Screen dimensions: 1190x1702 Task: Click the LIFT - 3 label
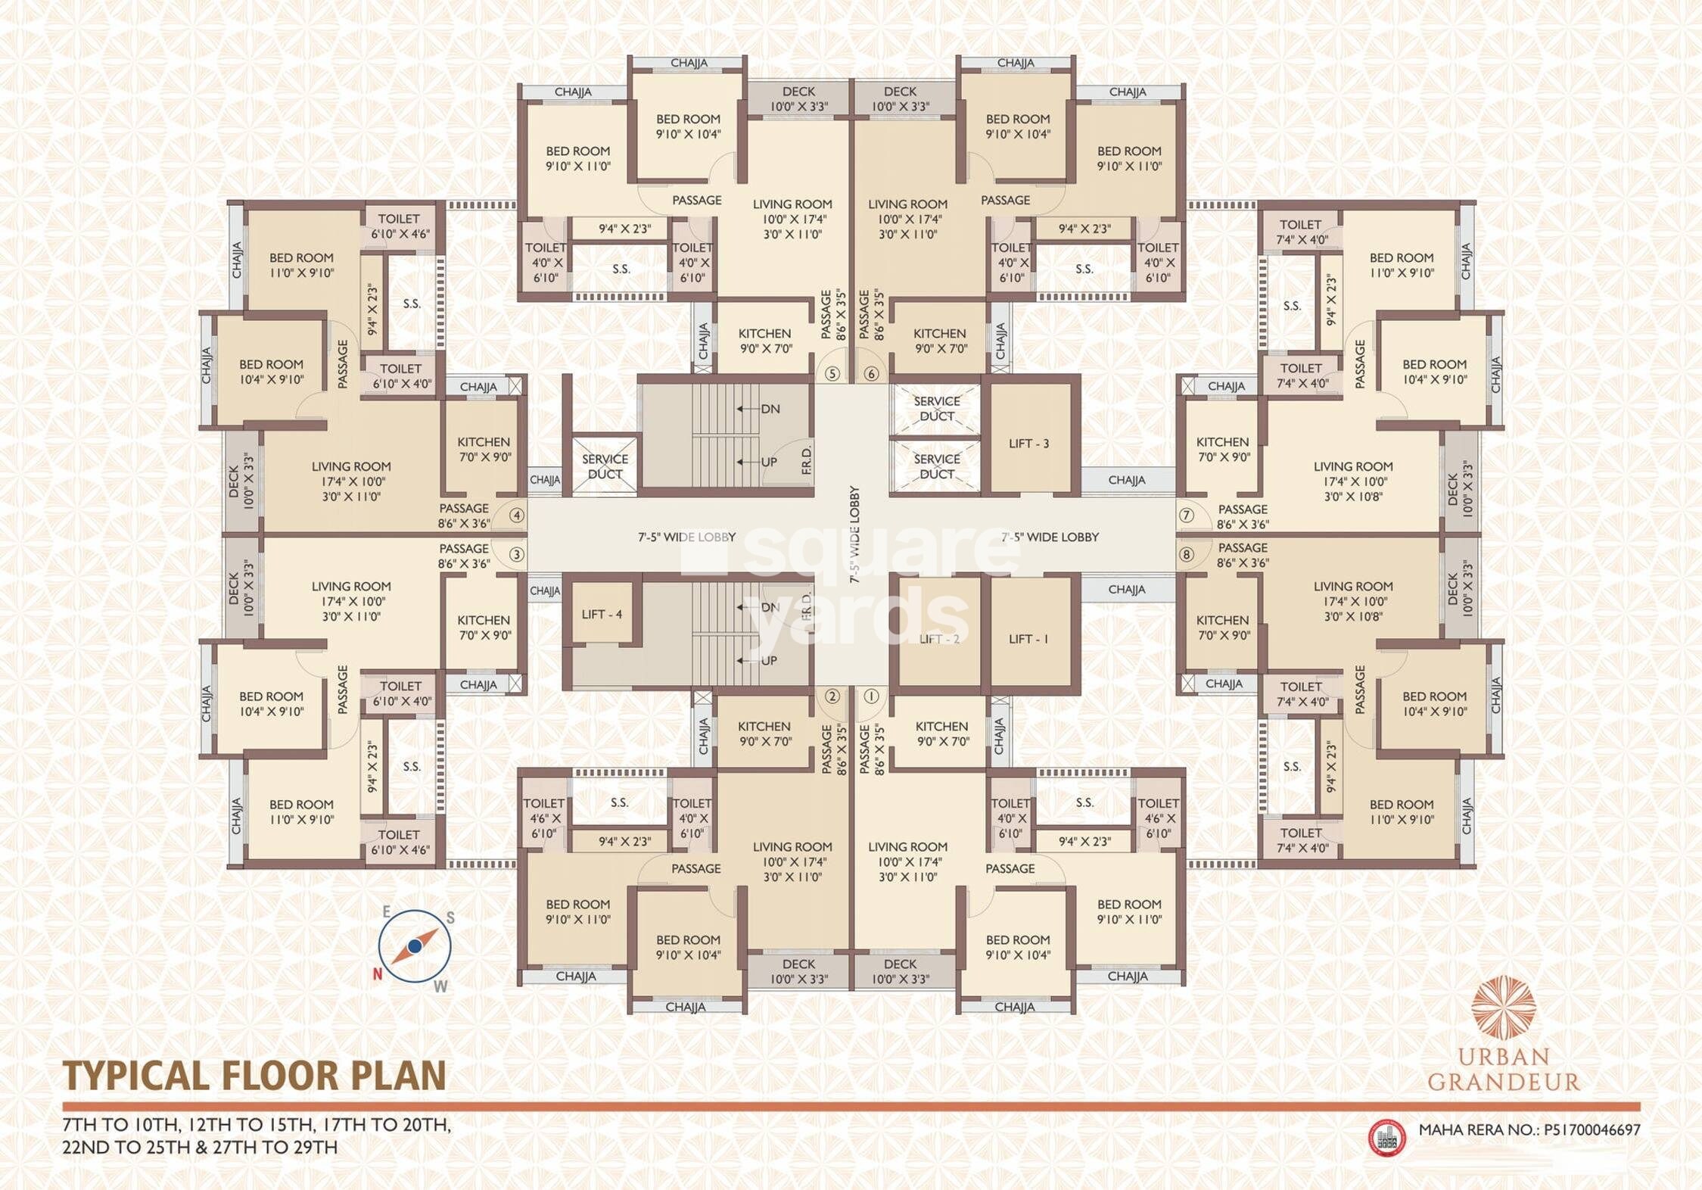tap(1028, 444)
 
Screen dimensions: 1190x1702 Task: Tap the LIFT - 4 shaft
tap(602, 614)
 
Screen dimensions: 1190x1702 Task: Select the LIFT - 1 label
tap(1028, 639)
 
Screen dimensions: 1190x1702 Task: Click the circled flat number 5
tap(832, 373)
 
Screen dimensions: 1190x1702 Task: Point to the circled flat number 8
tap(1186, 554)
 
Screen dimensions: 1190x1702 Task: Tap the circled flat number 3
tap(516, 554)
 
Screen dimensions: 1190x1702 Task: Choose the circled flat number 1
tap(871, 696)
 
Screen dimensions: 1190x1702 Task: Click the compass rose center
tap(415, 946)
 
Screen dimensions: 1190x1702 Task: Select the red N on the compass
tap(377, 974)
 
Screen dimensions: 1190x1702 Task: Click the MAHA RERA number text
tap(1529, 1130)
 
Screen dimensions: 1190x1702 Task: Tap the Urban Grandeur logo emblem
tap(1503, 1007)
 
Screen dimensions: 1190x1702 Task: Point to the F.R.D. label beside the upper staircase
tap(807, 460)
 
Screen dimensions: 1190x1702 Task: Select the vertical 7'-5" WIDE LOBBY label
tap(854, 534)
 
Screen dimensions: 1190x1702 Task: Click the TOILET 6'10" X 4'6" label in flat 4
tap(399, 226)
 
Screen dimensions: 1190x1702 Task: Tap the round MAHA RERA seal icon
tap(1387, 1138)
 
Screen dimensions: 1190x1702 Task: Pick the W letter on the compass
tap(440, 986)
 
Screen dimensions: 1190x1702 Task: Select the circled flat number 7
tap(1186, 516)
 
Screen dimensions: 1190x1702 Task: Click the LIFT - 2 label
tap(938, 639)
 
